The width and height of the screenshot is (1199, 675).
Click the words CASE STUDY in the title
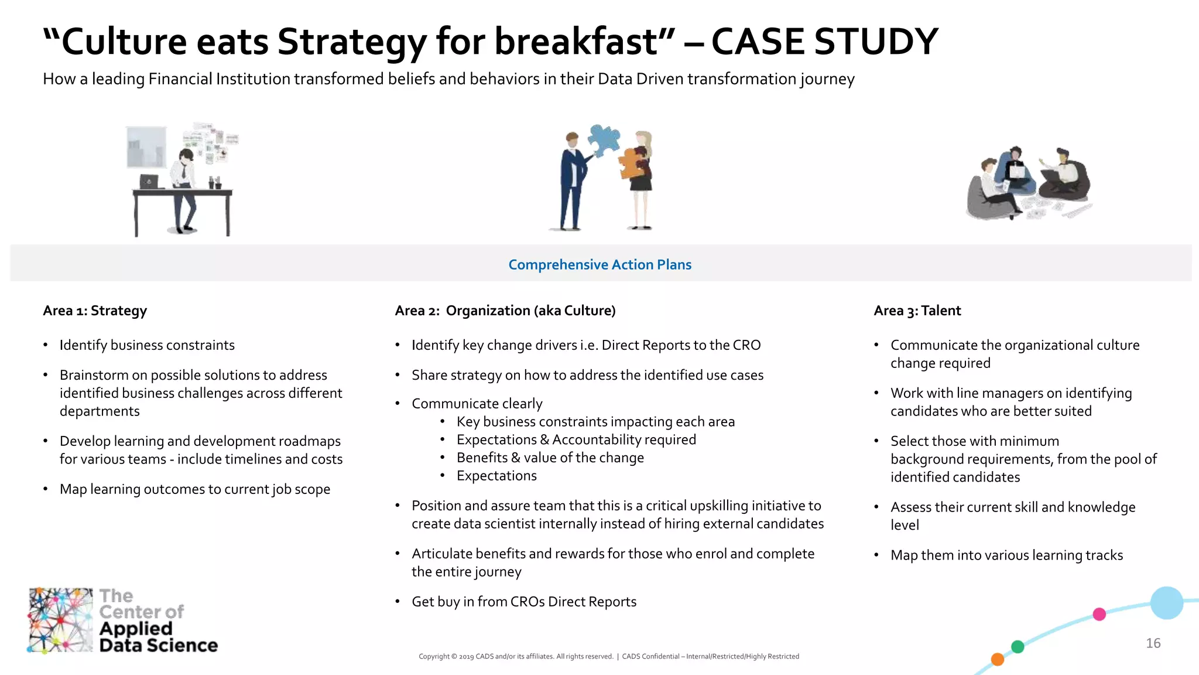click(x=824, y=42)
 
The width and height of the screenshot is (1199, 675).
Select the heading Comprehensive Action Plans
click(x=599, y=265)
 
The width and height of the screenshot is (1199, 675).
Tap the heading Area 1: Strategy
click(x=95, y=311)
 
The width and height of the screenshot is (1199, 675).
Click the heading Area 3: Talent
click(x=917, y=311)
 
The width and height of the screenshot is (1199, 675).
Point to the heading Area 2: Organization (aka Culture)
click(x=505, y=311)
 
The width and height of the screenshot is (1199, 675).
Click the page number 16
click(x=1153, y=643)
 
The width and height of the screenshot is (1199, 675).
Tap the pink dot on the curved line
click(x=1099, y=614)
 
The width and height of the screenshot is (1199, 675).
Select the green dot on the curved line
click(x=1018, y=647)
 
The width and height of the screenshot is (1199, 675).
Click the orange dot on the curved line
click(x=998, y=660)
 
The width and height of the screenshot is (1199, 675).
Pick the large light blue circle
click(x=1166, y=603)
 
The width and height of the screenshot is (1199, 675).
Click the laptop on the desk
click(x=149, y=182)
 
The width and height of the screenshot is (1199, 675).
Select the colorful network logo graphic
click(x=60, y=620)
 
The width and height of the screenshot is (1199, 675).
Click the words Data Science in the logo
click(x=158, y=646)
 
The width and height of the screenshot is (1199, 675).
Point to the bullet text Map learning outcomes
click(x=194, y=489)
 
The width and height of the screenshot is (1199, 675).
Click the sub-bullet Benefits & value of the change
click(x=550, y=458)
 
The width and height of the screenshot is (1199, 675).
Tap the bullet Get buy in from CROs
click(x=523, y=602)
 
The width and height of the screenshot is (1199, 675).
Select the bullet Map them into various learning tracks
click(x=1006, y=555)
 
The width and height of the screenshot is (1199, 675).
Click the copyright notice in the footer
click(x=609, y=656)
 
